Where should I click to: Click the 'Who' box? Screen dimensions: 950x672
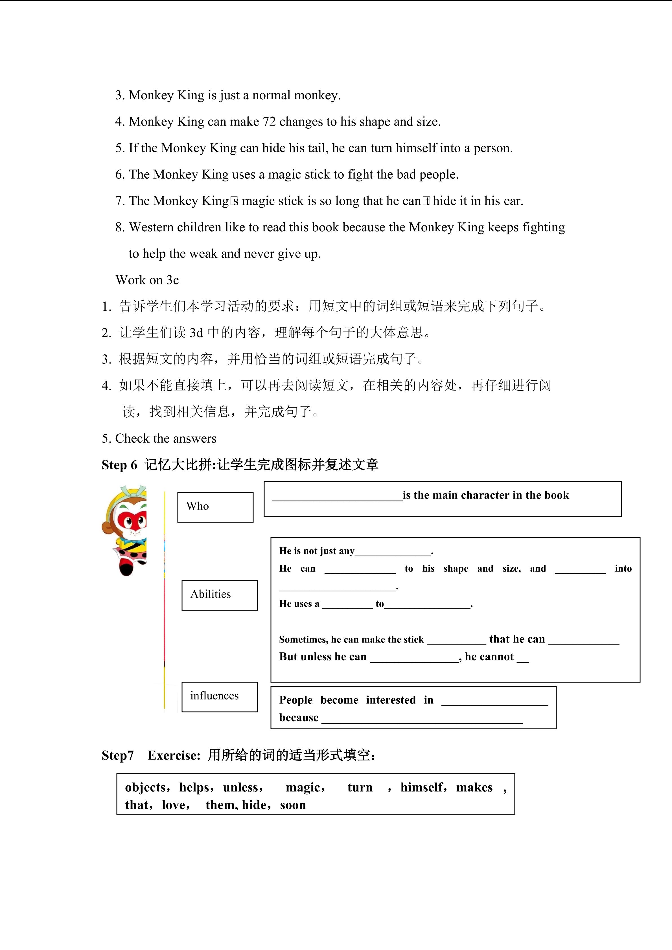(215, 507)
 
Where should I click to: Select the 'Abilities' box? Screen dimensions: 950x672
(219, 595)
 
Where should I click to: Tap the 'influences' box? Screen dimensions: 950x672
(219, 697)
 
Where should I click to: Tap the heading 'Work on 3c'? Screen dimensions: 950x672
(147, 280)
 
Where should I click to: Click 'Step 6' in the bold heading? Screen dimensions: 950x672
(119, 465)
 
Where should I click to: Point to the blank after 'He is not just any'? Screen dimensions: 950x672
(393, 552)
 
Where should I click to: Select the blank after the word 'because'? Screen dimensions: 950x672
(422, 719)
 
